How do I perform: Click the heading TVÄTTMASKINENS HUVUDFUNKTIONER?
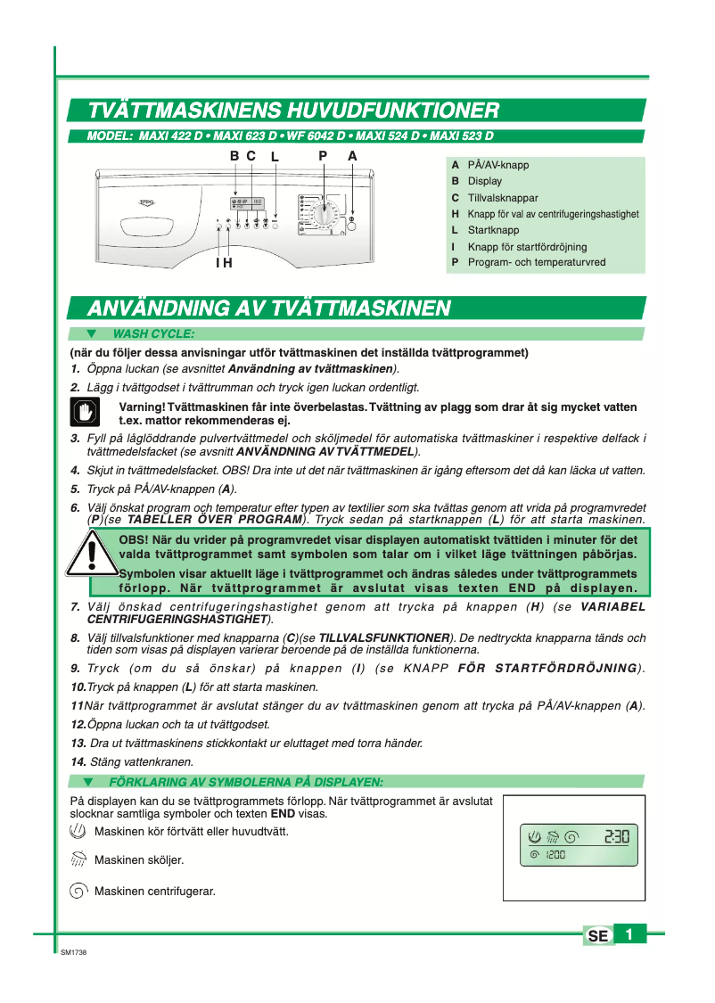pyautogui.click(x=293, y=111)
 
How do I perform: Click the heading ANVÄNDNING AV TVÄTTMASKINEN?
pyautogui.click(x=268, y=308)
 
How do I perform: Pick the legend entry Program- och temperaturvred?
pyautogui.click(x=536, y=263)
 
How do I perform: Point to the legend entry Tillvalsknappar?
pyautogui.click(x=503, y=198)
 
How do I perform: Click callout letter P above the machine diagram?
pyautogui.click(x=323, y=156)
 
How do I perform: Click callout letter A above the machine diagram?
pyautogui.click(x=352, y=156)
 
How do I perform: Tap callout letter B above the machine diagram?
pyautogui.click(x=234, y=156)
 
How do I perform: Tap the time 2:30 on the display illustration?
pyautogui.click(x=615, y=837)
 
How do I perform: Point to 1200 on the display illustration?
pyautogui.click(x=556, y=854)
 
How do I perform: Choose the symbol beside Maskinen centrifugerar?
pyautogui.click(x=78, y=891)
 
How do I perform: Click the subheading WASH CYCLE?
pyautogui.click(x=153, y=334)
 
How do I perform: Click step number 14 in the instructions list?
pyautogui.click(x=78, y=762)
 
